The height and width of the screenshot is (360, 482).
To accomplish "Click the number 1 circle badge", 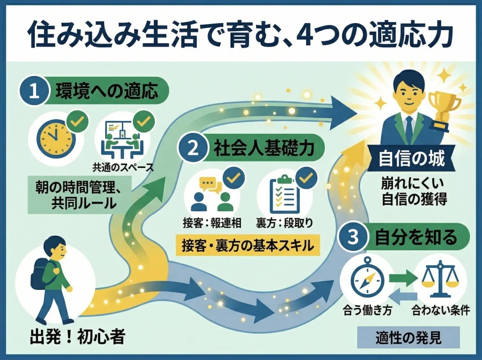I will tap(34, 90).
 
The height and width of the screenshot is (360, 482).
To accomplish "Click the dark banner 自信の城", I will tap(411, 160).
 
